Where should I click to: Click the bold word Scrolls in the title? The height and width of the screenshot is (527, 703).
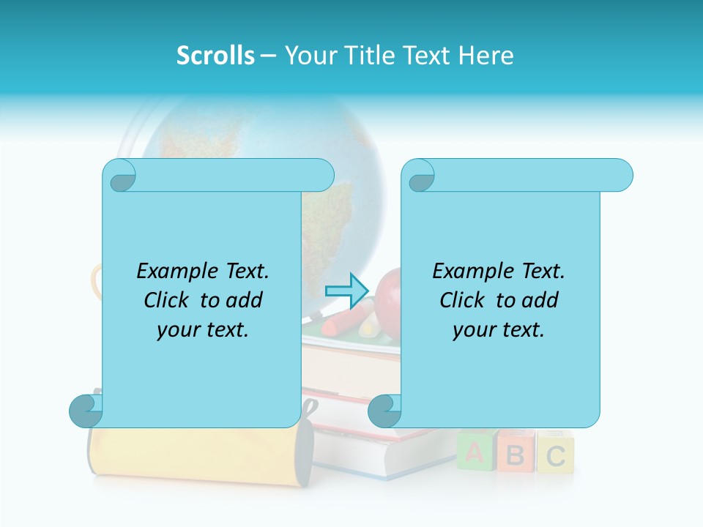215,56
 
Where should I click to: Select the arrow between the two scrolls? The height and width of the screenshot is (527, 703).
346,291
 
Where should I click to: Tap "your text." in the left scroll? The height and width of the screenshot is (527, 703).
203,329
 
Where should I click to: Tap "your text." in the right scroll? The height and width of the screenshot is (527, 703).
499,329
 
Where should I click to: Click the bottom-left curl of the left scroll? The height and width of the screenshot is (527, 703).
85,411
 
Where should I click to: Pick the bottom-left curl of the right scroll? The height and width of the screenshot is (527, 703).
384,411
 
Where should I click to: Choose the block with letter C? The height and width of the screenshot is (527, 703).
555,454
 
